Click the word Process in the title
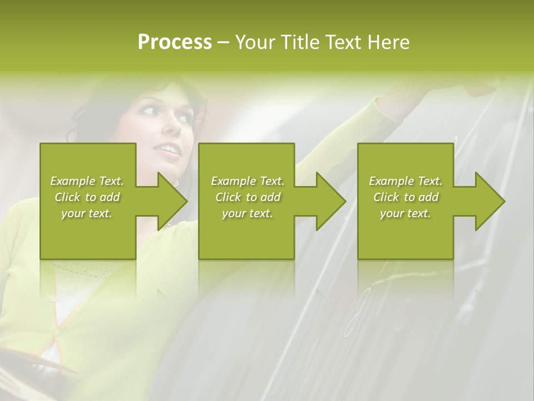coord(175,42)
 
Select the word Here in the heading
coord(388,42)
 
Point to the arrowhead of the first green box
coord(172,201)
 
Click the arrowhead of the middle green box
coord(331,201)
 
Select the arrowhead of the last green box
coord(490,201)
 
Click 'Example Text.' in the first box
coord(87,181)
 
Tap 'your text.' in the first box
coord(87,213)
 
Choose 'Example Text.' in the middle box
coord(248,181)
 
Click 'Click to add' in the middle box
coord(248,197)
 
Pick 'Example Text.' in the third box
coord(406,181)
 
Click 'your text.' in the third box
coord(406,213)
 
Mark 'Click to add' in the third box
coord(406,197)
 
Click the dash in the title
coord(224,43)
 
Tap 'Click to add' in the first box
coord(87,197)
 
